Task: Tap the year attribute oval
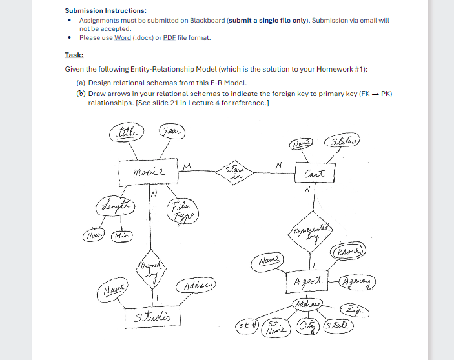[x=170, y=132]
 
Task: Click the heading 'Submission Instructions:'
[x=105, y=11]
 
